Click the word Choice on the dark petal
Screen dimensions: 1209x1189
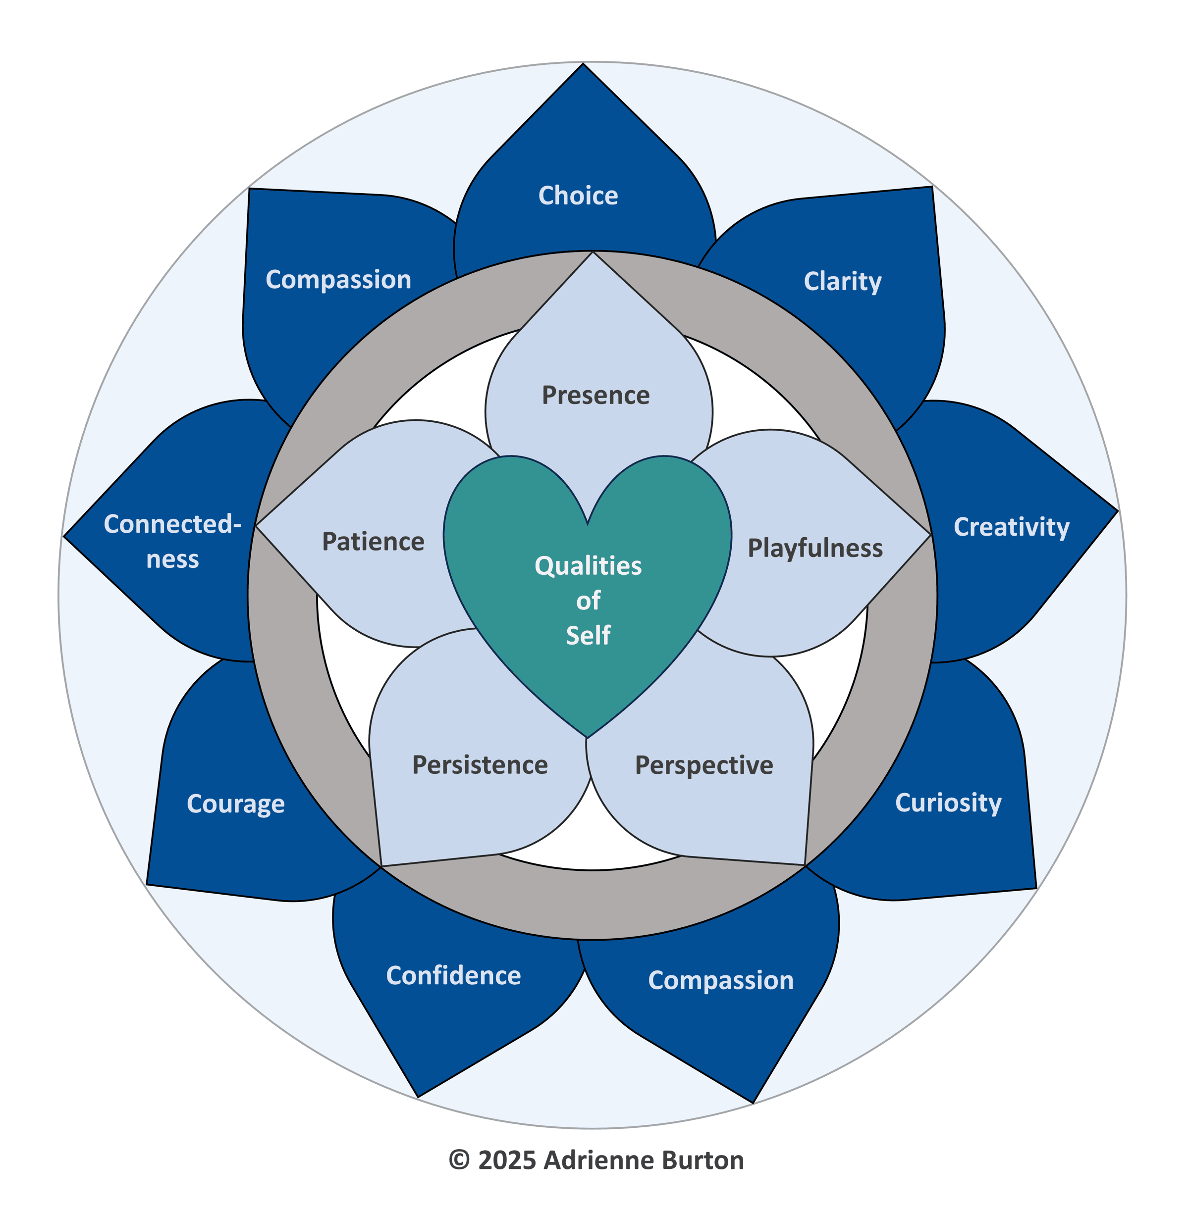(x=578, y=196)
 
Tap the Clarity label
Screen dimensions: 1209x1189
(x=842, y=282)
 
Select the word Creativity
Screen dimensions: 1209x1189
(x=1011, y=527)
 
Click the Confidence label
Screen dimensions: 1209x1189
(x=453, y=975)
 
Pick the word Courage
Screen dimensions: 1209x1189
(x=235, y=804)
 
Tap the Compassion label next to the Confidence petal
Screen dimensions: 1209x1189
(x=721, y=981)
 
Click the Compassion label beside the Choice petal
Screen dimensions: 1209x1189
(x=338, y=280)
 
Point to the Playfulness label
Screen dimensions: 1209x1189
(x=815, y=549)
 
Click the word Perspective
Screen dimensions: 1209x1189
(x=704, y=766)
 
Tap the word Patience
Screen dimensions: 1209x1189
(x=373, y=542)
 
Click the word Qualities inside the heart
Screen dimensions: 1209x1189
(x=588, y=566)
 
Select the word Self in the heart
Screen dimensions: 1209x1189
(x=588, y=635)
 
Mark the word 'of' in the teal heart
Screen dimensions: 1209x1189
(x=588, y=601)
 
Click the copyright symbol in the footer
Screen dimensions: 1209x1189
(x=459, y=1160)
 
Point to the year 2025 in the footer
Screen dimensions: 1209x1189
(x=507, y=1160)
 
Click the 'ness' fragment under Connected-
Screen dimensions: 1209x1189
(x=172, y=559)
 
